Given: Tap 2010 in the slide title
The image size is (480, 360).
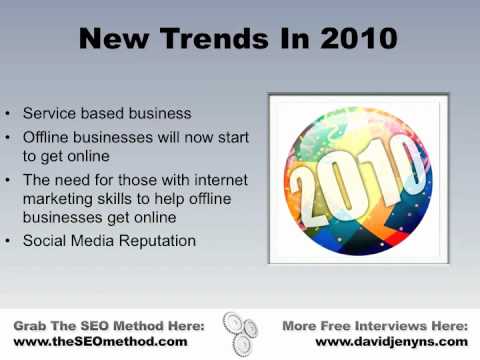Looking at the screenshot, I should pyautogui.click(x=355, y=41).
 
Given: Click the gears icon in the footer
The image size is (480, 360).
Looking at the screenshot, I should pyautogui.click(x=240, y=331).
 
